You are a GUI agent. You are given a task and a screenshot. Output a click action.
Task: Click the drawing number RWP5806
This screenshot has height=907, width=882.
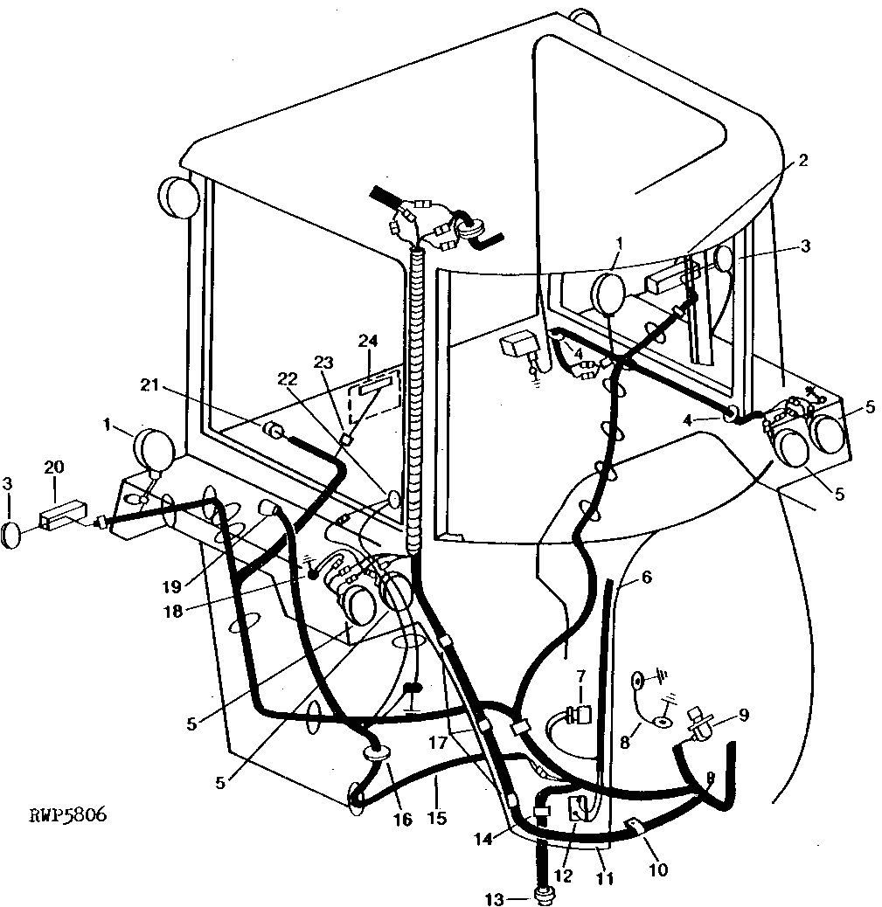pyautogui.click(x=67, y=816)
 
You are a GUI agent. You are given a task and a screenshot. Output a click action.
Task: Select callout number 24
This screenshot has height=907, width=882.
pyautogui.click(x=365, y=340)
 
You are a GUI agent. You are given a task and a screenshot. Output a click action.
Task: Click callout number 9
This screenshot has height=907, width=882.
pyautogui.click(x=743, y=714)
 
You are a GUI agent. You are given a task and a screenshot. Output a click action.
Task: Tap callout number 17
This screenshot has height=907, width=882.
pyautogui.click(x=438, y=744)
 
